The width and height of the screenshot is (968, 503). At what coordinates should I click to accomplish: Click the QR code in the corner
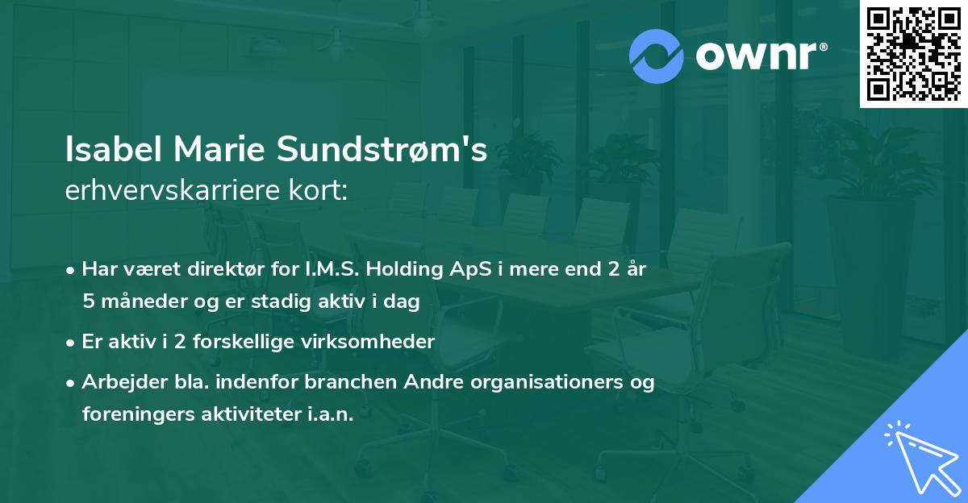coord(913,54)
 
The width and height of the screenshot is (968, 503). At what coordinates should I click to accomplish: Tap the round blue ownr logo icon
coord(657,56)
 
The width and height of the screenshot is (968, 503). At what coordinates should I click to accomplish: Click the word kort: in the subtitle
coord(320,190)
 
